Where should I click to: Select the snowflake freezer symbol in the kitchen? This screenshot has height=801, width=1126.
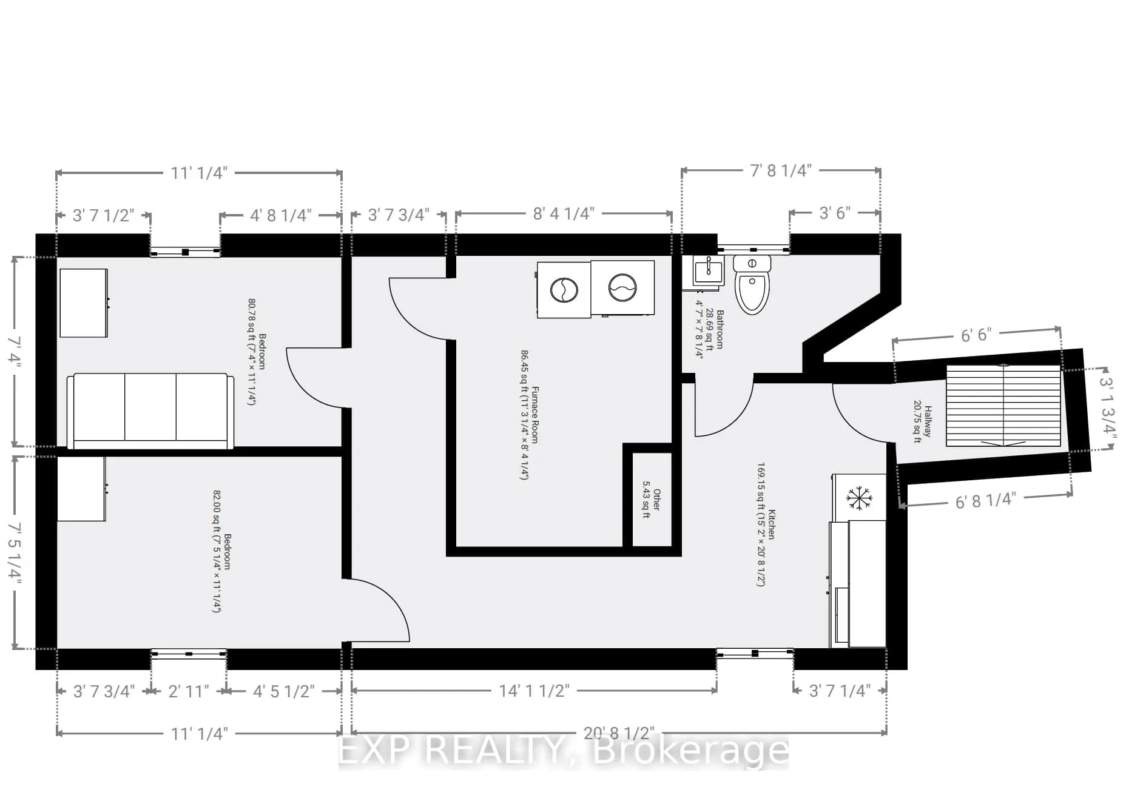coord(859,498)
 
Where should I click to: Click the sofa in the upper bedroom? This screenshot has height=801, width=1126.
coord(150,411)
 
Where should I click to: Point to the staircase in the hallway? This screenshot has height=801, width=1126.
coord(1003,406)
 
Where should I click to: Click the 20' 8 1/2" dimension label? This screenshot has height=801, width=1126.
coord(619,732)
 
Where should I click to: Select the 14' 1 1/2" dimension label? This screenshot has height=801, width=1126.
coord(534,691)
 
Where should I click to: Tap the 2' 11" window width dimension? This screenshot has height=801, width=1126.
coord(188,691)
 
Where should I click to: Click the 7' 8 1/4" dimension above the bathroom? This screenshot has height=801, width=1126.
coord(780,170)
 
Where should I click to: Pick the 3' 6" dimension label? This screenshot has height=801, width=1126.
coord(835,213)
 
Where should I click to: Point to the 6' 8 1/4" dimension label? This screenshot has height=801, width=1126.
coord(985,500)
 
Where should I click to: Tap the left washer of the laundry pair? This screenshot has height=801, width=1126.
coord(564,289)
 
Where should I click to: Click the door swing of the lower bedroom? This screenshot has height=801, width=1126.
coord(379,609)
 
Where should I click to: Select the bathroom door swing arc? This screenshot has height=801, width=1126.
coord(725,409)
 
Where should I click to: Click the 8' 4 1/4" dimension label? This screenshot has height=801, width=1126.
coord(564,213)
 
